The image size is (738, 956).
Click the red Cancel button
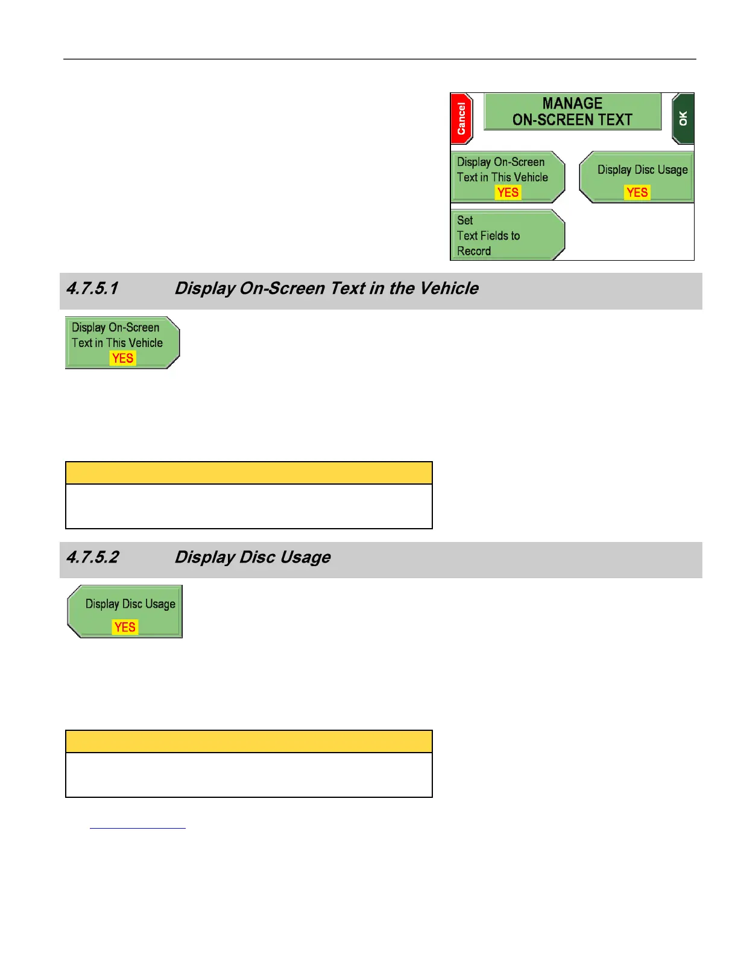pos(461,119)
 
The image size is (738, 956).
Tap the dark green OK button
pos(683,119)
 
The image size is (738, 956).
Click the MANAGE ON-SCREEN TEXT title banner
pos(572,112)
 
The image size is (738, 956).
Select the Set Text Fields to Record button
pos(506,235)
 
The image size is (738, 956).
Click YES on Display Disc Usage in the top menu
pos(637,193)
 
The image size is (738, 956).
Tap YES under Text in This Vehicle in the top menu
pos(508,193)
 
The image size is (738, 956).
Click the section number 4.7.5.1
pos(92,288)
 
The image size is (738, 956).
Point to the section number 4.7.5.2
pos(92,557)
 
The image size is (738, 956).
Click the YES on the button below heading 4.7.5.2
pos(125,627)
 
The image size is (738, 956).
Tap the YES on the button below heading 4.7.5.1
pos(123,358)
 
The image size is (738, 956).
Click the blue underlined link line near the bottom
pos(137,828)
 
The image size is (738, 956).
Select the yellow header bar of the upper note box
pos(248,473)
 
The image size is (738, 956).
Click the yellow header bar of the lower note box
pos(248,742)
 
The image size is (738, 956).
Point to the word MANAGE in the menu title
pos(572,104)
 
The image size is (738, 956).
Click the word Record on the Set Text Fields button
pos(474,251)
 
